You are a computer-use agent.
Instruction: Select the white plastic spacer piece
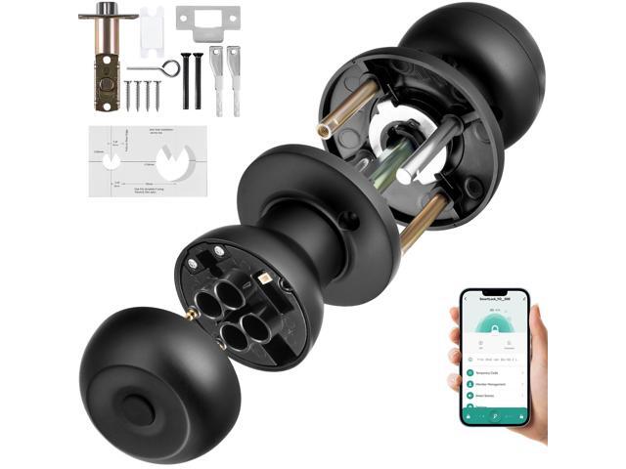(x=151, y=29)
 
